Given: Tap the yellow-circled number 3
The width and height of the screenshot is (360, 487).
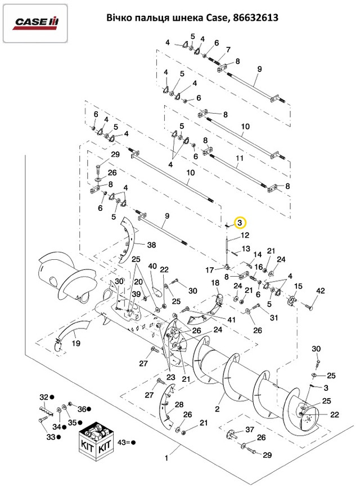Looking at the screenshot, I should [240, 223].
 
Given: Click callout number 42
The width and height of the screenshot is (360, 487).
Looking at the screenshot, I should [321, 290].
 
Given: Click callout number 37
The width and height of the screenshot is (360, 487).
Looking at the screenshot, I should [251, 430].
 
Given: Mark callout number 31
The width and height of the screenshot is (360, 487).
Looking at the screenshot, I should [274, 318].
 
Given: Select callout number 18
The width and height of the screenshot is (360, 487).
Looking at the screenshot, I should [215, 282].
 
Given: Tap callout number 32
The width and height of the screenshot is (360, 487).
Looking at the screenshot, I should [43, 396].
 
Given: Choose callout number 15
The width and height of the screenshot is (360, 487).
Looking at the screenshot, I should [298, 286].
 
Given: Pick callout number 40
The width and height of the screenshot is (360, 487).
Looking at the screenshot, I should [152, 266].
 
